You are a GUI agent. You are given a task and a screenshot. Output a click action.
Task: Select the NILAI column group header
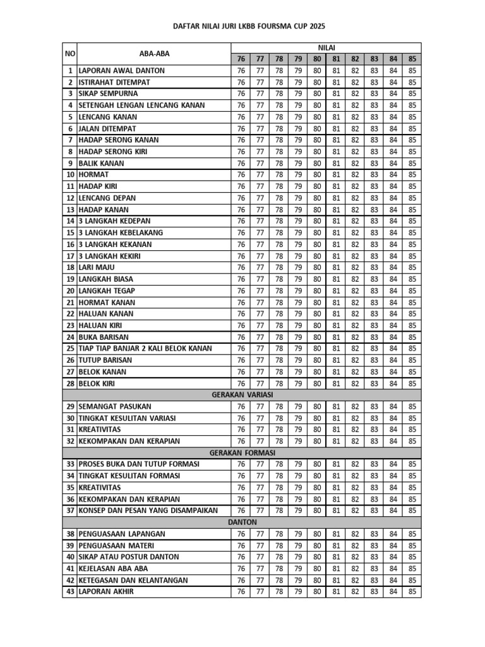(326, 48)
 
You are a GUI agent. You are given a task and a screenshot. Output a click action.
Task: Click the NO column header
(69, 53)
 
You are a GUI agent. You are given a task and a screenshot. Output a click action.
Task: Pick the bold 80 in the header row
(317, 59)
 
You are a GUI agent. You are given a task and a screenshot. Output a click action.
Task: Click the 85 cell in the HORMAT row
(412, 174)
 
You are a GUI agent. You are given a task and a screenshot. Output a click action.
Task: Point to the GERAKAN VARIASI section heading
(242, 395)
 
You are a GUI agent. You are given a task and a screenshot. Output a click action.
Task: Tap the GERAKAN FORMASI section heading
(242, 452)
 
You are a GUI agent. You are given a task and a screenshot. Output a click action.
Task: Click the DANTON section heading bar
(242, 523)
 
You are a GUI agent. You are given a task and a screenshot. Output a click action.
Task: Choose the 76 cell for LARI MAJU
(241, 267)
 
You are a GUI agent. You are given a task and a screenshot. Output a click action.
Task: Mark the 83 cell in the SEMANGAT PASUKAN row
(374, 406)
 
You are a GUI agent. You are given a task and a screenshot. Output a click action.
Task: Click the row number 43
(69, 592)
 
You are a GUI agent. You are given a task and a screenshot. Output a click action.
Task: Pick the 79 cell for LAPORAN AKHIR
(298, 592)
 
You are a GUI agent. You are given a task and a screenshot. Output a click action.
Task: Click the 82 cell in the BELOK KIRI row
(355, 383)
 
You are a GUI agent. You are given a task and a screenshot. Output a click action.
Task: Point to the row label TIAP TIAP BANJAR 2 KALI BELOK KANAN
(145, 348)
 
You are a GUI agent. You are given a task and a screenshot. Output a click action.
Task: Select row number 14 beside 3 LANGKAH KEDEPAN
(69, 221)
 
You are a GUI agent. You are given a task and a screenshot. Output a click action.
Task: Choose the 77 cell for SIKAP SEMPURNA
(260, 94)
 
